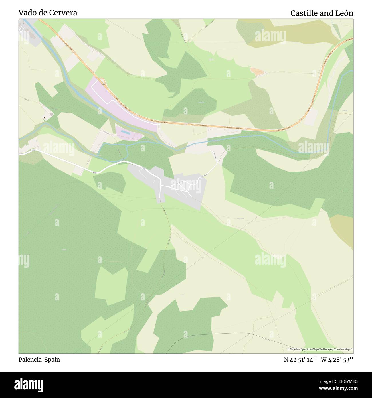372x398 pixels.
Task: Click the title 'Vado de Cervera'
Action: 48,13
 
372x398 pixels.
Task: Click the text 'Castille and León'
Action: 322,13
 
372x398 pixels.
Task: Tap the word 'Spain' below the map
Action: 52,360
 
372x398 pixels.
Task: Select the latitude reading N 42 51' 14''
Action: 300,360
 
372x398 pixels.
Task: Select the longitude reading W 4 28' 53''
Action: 337,360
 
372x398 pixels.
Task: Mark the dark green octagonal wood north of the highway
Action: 194,103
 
